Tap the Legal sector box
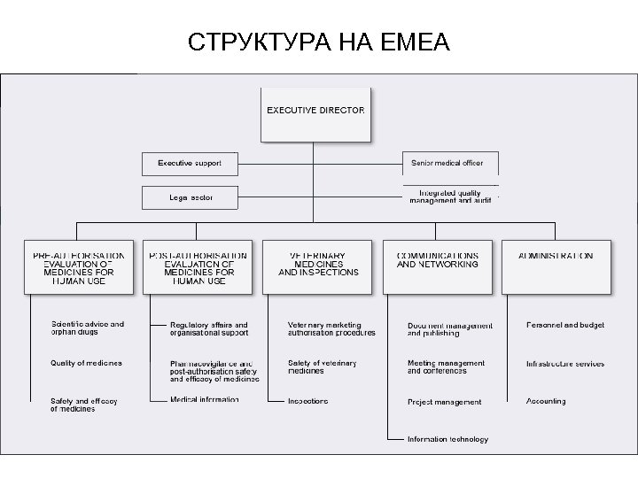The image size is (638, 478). pyautogui.click(x=190, y=197)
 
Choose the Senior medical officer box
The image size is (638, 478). pyautogui.click(x=449, y=164)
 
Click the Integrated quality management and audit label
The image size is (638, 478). pyautogui.click(x=449, y=197)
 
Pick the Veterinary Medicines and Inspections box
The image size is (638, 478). pyautogui.click(x=318, y=266)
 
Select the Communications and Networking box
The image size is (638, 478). pyautogui.click(x=437, y=266)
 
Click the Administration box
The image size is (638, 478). pyautogui.click(x=556, y=266)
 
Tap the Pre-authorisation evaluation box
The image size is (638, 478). pyautogui.click(x=80, y=266)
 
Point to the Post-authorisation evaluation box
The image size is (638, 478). pyautogui.click(x=199, y=266)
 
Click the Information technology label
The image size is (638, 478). pyautogui.click(x=447, y=439)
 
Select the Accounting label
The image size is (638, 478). pyautogui.click(x=546, y=401)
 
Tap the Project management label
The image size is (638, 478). pyautogui.click(x=445, y=402)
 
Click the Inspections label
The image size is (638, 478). pyautogui.click(x=307, y=401)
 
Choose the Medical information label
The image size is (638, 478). pyautogui.click(x=205, y=399)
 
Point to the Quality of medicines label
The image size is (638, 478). pyautogui.click(x=87, y=363)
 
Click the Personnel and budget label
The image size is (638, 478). pyautogui.click(x=565, y=325)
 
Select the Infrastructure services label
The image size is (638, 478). pyautogui.click(x=565, y=363)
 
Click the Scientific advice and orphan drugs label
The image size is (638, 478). pyautogui.click(x=88, y=328)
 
